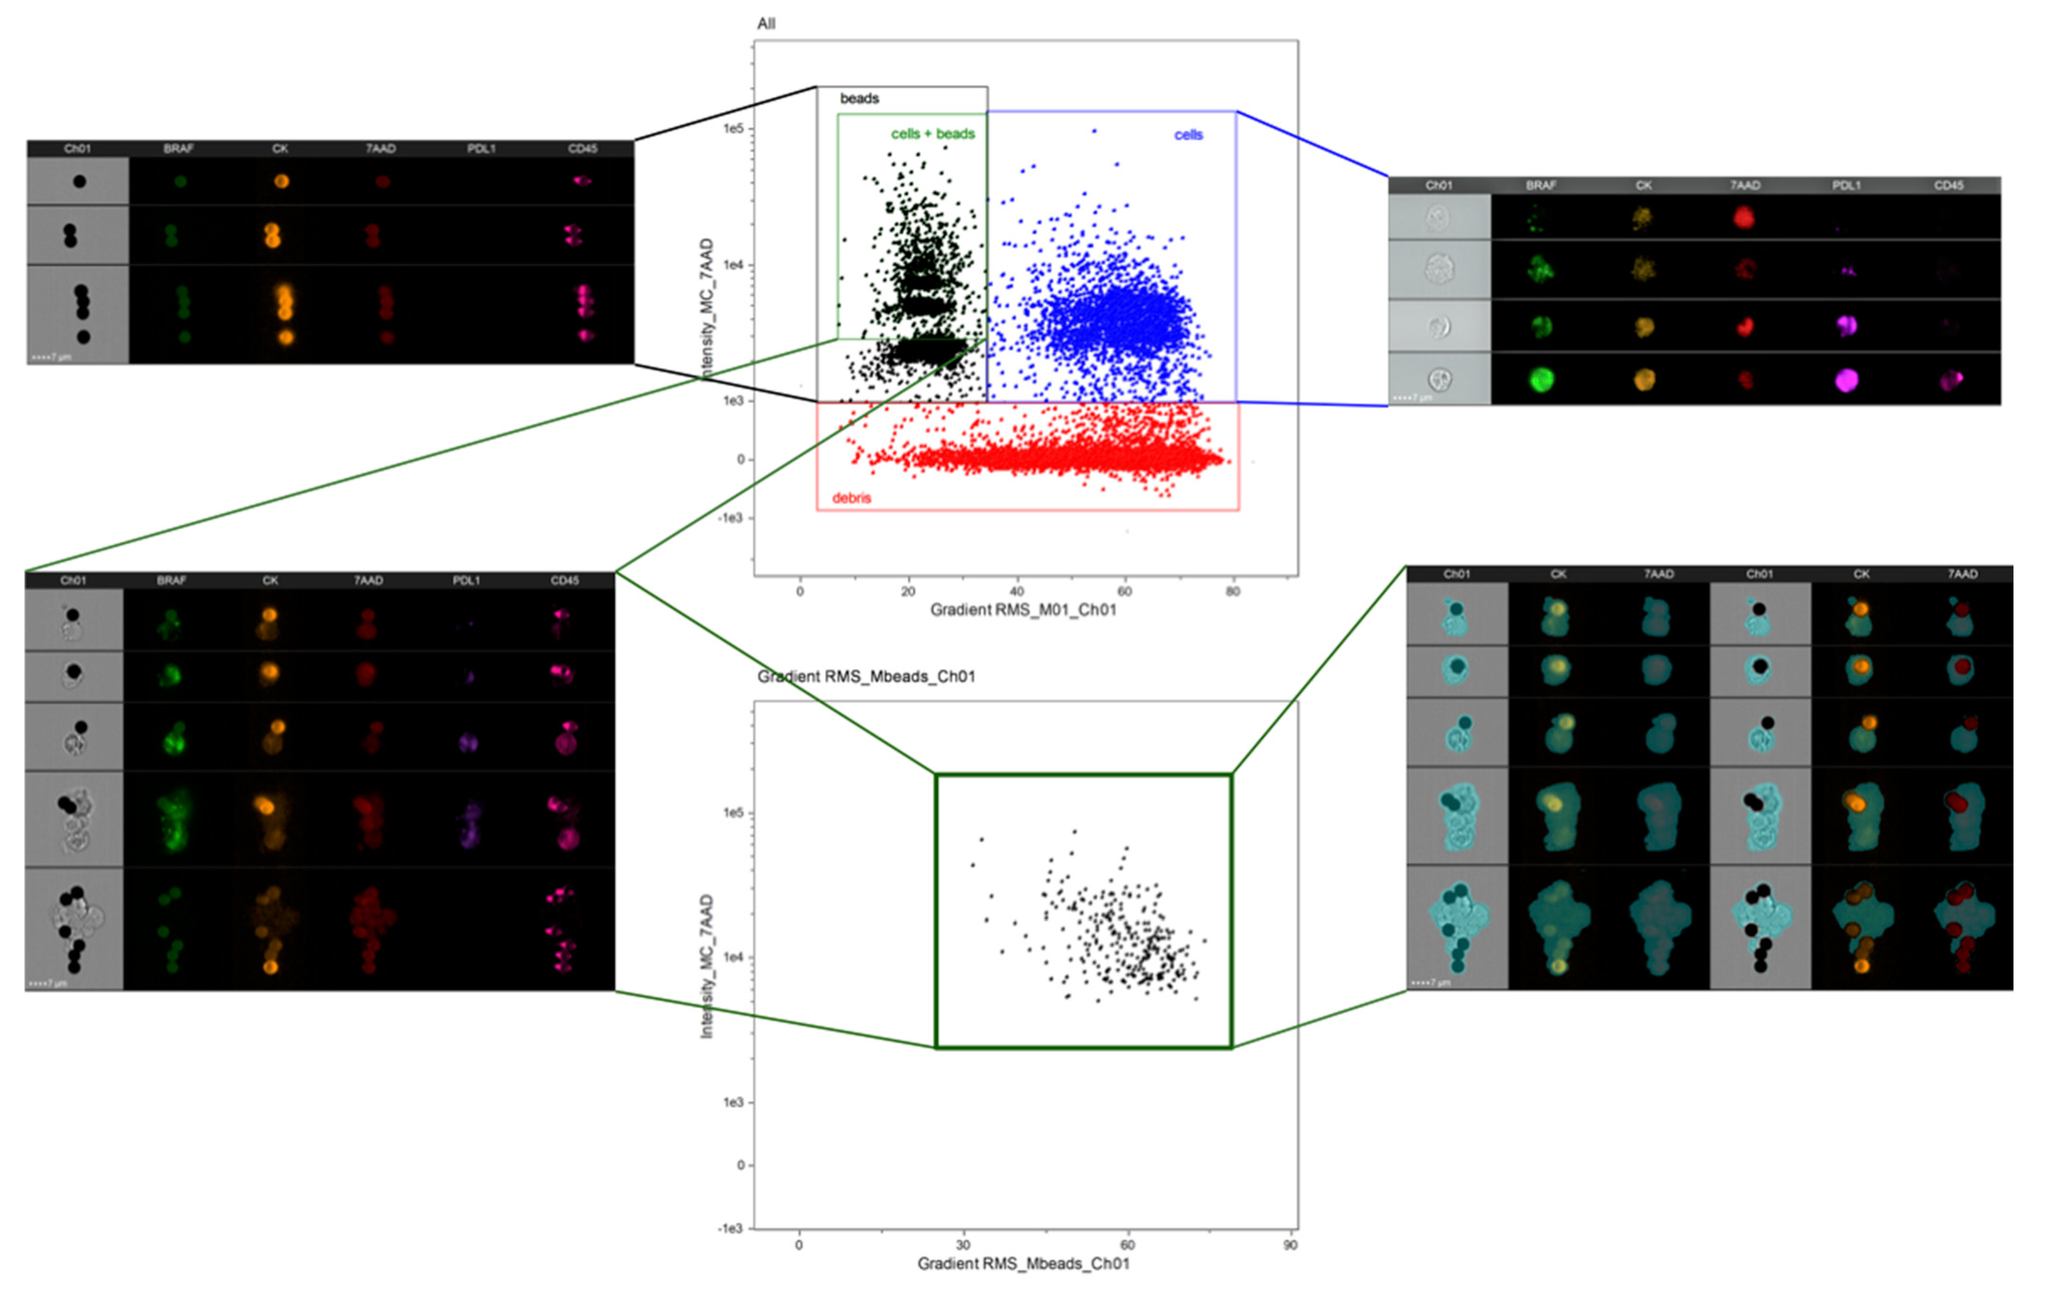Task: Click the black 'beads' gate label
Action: (859, 99)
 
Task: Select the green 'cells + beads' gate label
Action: (932, 134)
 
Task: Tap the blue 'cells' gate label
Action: (1188, 135)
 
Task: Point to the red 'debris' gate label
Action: (851, 498)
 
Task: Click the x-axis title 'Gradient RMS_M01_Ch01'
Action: (1023, 609)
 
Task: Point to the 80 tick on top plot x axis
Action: (1233, 591)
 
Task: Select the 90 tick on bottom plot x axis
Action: (1290, 1246)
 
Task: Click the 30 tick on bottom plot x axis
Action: (963, 1246)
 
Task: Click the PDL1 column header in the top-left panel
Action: (481, 149)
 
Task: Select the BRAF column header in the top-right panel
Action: (1541, 185)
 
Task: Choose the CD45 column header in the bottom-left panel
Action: (564, 580)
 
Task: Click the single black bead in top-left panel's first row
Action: (79, 181)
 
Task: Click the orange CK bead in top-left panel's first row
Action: (281, 181)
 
